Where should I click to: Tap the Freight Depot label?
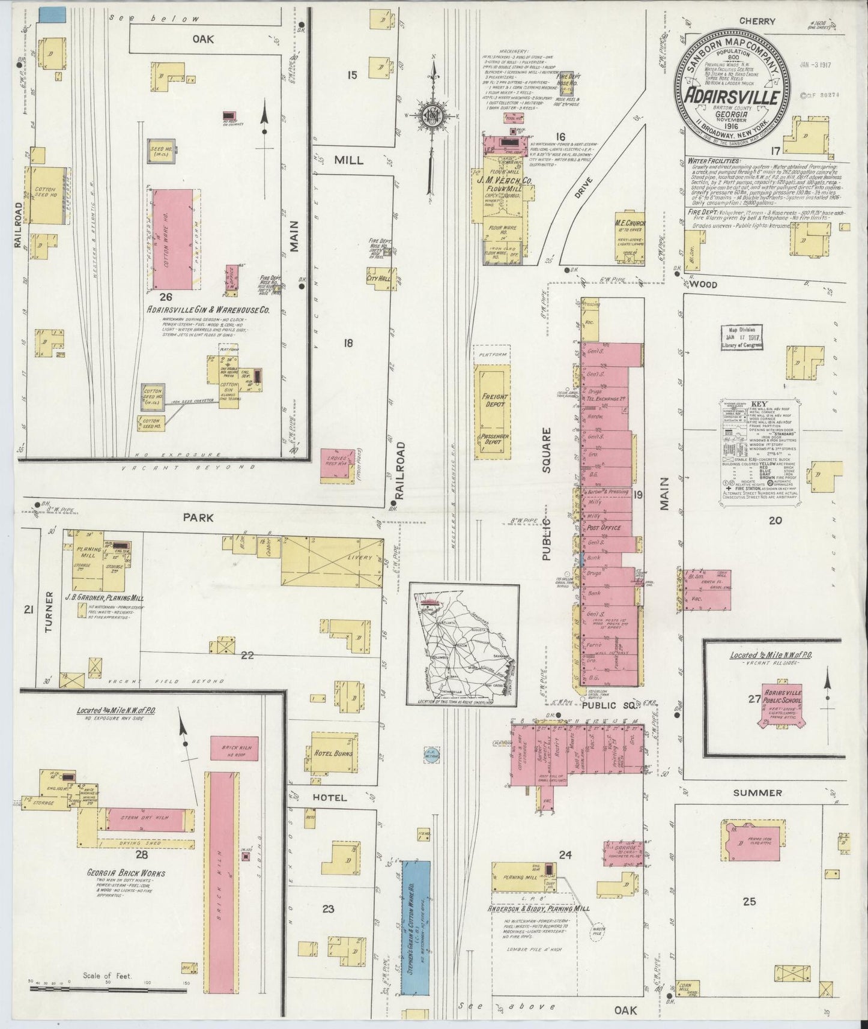[x=494, y=400]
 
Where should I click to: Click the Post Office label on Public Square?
[x=603, y=528]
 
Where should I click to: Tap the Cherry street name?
[x=757, y=21]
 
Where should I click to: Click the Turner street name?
[x=50, y=612]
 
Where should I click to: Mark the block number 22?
[x=247, y=655]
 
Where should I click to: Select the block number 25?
[x=749, y=901]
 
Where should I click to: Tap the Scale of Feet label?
[x=108, y=975]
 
